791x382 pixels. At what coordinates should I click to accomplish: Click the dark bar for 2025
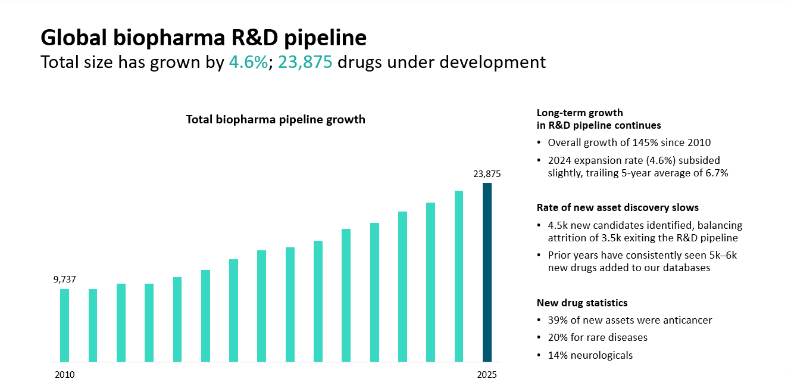coord(487,272)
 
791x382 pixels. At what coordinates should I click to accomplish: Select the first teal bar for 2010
coord(64,325)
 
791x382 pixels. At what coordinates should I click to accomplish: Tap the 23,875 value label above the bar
coord(487,174)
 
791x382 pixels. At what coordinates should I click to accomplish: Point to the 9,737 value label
coord(65,279)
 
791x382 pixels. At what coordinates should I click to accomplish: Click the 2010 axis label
coord(64,375)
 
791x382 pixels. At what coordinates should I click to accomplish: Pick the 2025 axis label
coord(486,375)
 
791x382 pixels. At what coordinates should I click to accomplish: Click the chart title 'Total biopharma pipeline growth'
coord(276,119)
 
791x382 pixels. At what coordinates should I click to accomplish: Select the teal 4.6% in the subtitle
coord(248,62)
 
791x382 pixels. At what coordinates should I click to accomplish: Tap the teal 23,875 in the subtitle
coord(305,62)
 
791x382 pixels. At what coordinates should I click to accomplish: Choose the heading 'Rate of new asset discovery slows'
coord(618,207)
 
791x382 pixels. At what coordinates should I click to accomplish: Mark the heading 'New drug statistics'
coord(582,303)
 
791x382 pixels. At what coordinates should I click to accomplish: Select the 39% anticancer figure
coord(557,320)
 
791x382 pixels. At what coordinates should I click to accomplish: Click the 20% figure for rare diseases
coord(557,337)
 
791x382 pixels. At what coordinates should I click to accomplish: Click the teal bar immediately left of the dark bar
coord(459,276)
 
